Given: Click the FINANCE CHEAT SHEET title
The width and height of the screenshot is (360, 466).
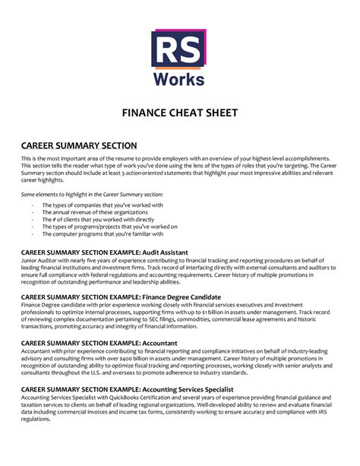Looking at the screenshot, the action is pos(180,113).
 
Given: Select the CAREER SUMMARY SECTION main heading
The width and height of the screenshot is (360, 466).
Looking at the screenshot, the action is pos(79,145).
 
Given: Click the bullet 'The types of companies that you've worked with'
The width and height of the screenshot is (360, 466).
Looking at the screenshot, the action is pos(103,204).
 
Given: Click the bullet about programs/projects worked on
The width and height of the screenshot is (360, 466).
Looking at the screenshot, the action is pos(109,227).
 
